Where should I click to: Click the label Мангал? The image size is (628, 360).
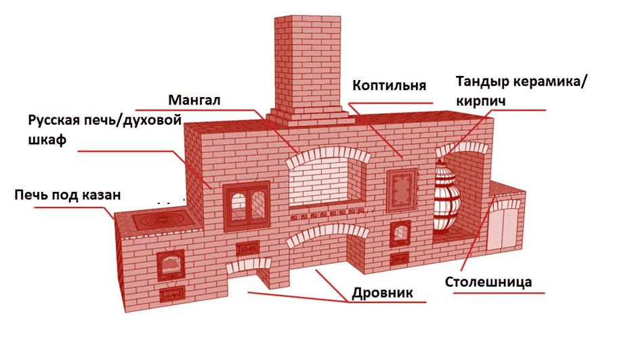194,100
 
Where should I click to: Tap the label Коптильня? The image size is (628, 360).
389,85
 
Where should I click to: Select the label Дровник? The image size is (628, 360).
382,293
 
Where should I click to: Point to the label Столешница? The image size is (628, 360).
488,282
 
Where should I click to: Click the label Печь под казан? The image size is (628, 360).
68,195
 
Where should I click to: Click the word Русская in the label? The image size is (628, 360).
54,120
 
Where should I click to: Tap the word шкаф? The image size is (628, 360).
47,140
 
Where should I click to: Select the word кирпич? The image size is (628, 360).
480,100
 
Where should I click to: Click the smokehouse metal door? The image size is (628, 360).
402,190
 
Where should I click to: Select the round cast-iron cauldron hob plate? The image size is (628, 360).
161,220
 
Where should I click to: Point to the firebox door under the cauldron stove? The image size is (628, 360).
170,264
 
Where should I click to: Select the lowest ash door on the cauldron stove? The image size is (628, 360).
172,295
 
